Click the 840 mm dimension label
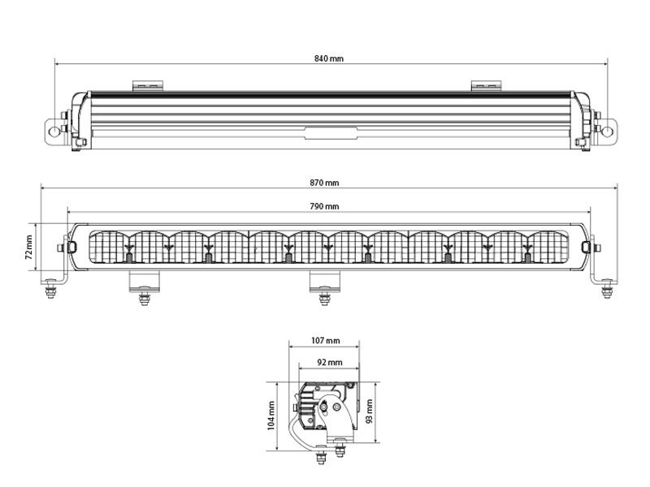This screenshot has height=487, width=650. coord(329,58)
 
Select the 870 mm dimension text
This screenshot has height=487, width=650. coord(324,183)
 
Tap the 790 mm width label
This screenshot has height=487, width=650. coord(324,206)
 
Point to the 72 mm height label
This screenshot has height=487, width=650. coord(28,248)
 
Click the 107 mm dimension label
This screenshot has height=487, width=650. coord(326,340)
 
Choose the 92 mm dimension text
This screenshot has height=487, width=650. coord(330,362)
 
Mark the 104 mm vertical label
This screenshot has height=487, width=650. coord(271,416)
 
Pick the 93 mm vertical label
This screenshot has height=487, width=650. coord(370,412)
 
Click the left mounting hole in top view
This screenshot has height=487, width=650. coord(54,131)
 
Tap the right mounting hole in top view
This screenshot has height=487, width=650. coord(606,131)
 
